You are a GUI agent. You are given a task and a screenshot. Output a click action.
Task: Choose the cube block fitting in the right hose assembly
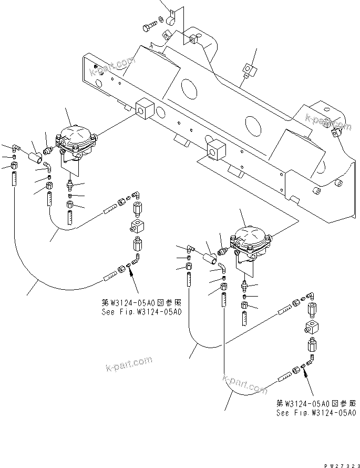[311, 330]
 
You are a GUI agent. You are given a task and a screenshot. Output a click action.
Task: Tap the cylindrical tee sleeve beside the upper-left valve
[37, 156]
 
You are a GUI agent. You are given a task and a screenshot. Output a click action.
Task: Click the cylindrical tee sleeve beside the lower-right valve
[212, 257]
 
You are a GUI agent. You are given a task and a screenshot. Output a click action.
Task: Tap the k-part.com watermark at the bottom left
[128, 363]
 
